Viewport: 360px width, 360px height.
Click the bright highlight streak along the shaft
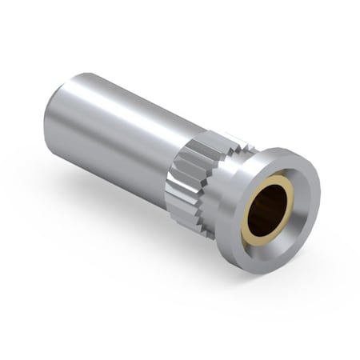pyautogui.click(x=120, y=100)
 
